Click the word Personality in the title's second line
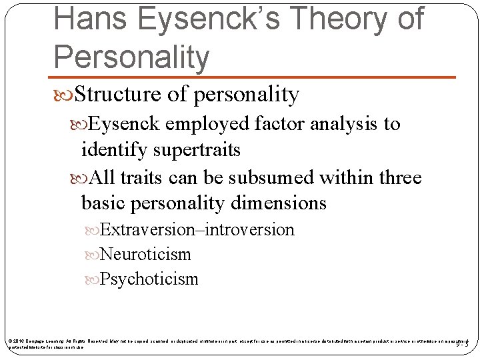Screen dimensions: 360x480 coord(131,57)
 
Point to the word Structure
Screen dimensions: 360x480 coord(117,95)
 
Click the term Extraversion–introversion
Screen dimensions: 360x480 coord(197,230)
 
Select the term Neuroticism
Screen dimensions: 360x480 coord(145,255)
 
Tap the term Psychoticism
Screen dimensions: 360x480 coord(149,279)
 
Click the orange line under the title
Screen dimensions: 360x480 coord(254,78)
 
